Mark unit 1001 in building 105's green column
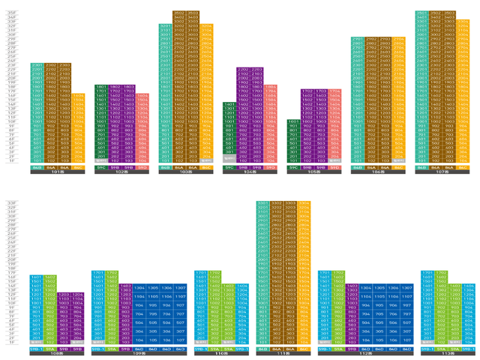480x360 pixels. [294, 121]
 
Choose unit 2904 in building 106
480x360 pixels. [401, 38]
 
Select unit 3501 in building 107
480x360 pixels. [422, 13]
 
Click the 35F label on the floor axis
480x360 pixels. [10, 13]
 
